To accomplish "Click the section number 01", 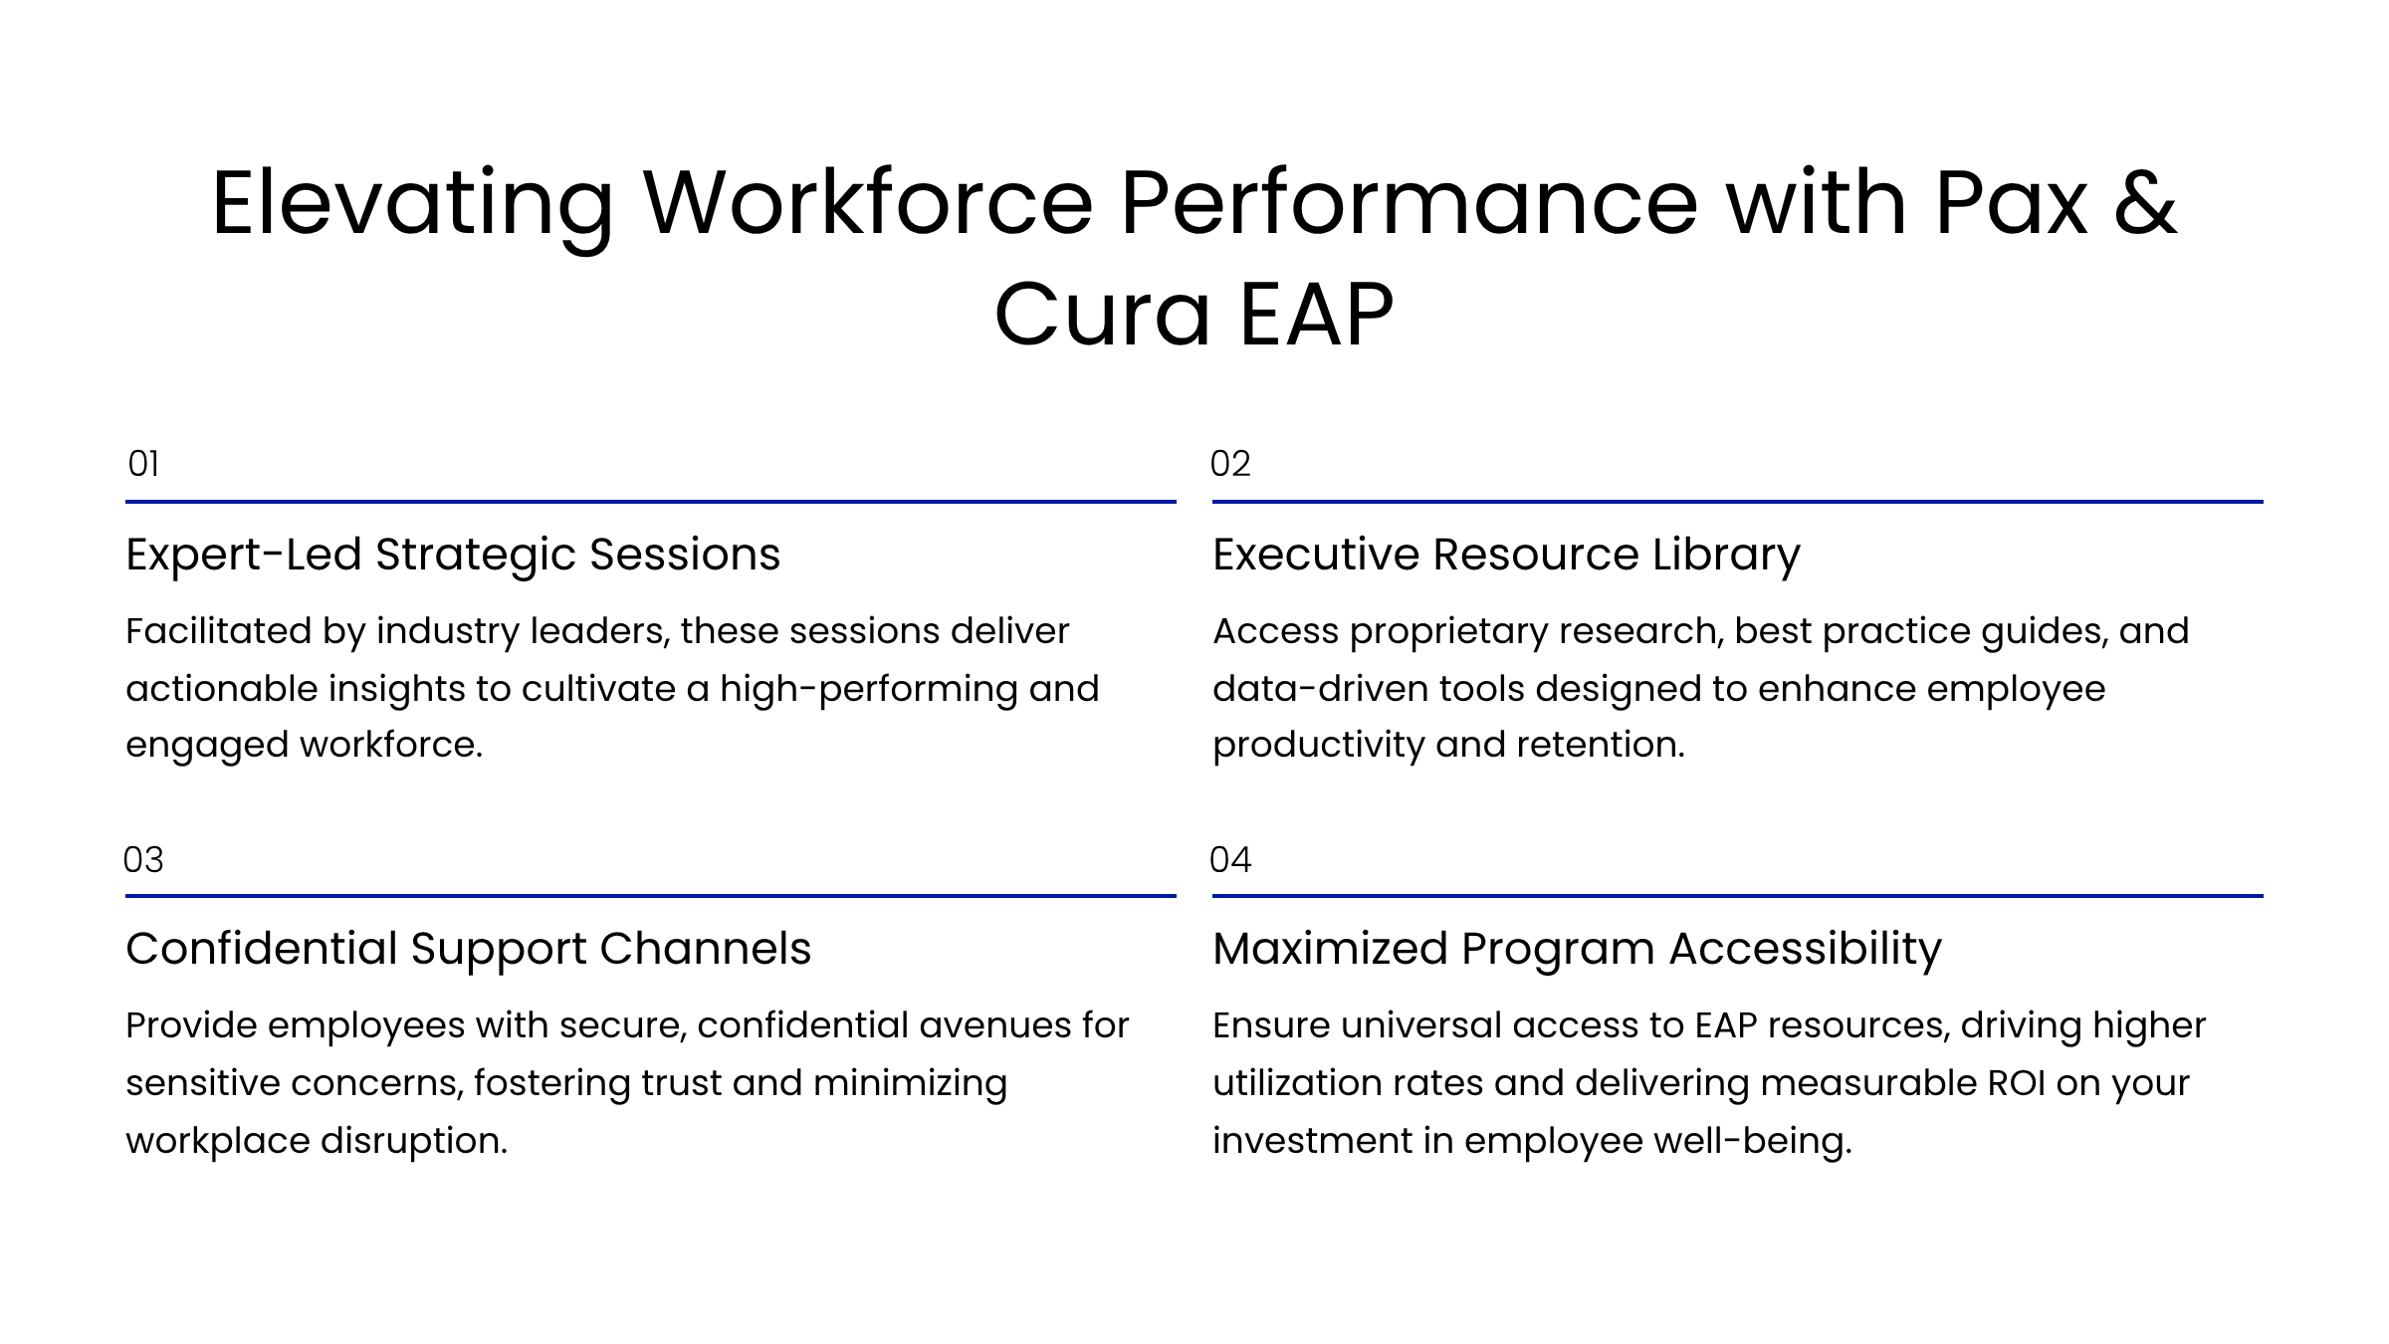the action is pyautogui.click(x=143, y=464).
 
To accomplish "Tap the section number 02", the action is pyautogui.click(x=1230, y=464).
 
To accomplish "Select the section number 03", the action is pyautogui.click(x=143, y=859).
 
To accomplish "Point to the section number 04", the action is pyautogui.click(x=1230, y=859).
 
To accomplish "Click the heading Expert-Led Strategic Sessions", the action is pyautogui.click(x=453, y=556).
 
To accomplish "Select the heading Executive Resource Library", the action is pyautogui.click(x=1506, y=556).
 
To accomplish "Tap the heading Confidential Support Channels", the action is pyautogui.click(x=468, y=949).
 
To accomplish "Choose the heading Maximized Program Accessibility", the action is pyautogui.click(x=1577, y=949).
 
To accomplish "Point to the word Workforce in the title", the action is pyautogui.click(x=868, y=203).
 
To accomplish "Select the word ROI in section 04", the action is pyautogui.click(x=2016, y=1083).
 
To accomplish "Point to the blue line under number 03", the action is pyautogui.click(x=651, y=896).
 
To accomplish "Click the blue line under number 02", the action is pyautogui.click(x=1738, y=502).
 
